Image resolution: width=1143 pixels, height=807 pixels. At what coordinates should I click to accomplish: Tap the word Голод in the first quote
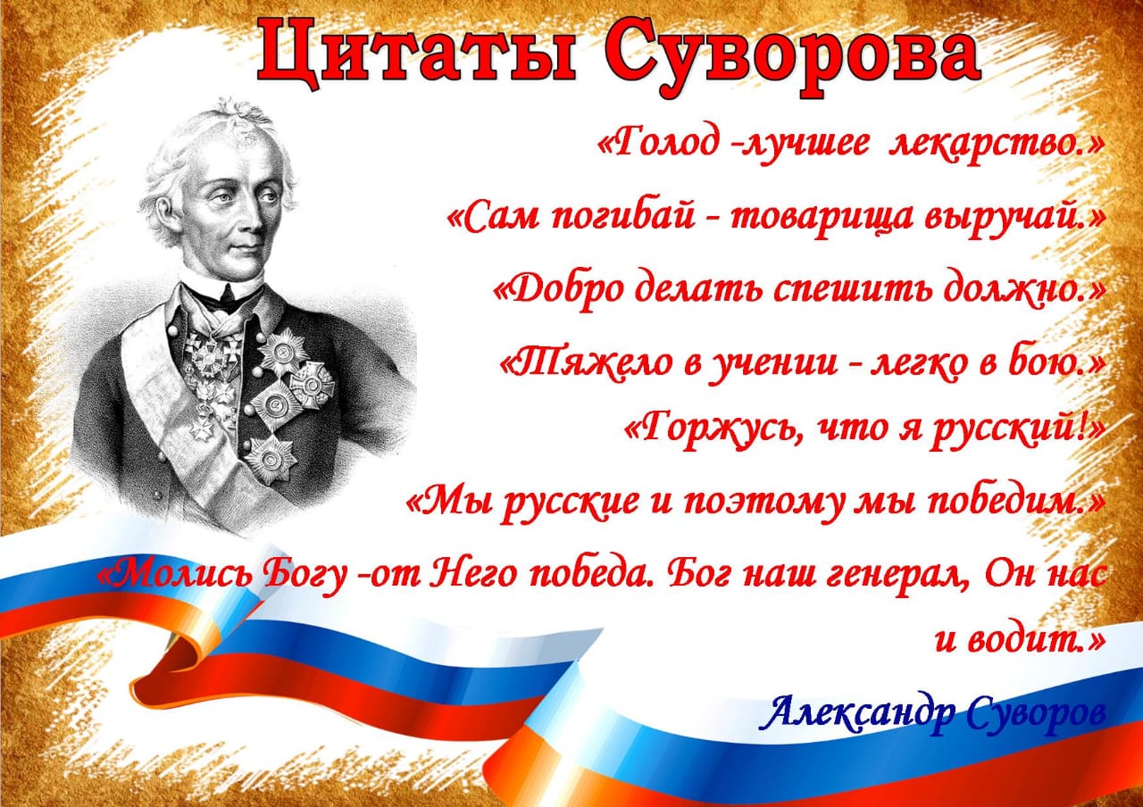(663, 144)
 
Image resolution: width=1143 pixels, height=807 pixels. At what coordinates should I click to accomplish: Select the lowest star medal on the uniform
(271, 460)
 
